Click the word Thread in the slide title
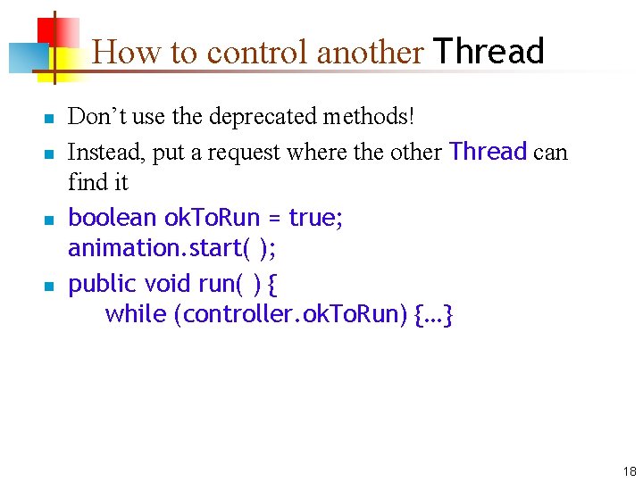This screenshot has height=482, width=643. [x=489, y=52]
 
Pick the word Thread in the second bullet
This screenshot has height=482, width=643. [x=489, y=152]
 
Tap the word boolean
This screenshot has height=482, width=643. [x=113, y=218]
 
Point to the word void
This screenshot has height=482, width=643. [x=168, y=284]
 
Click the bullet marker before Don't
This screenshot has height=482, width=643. [x=50, y=118]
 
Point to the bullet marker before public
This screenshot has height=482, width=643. [x=50, y=286]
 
